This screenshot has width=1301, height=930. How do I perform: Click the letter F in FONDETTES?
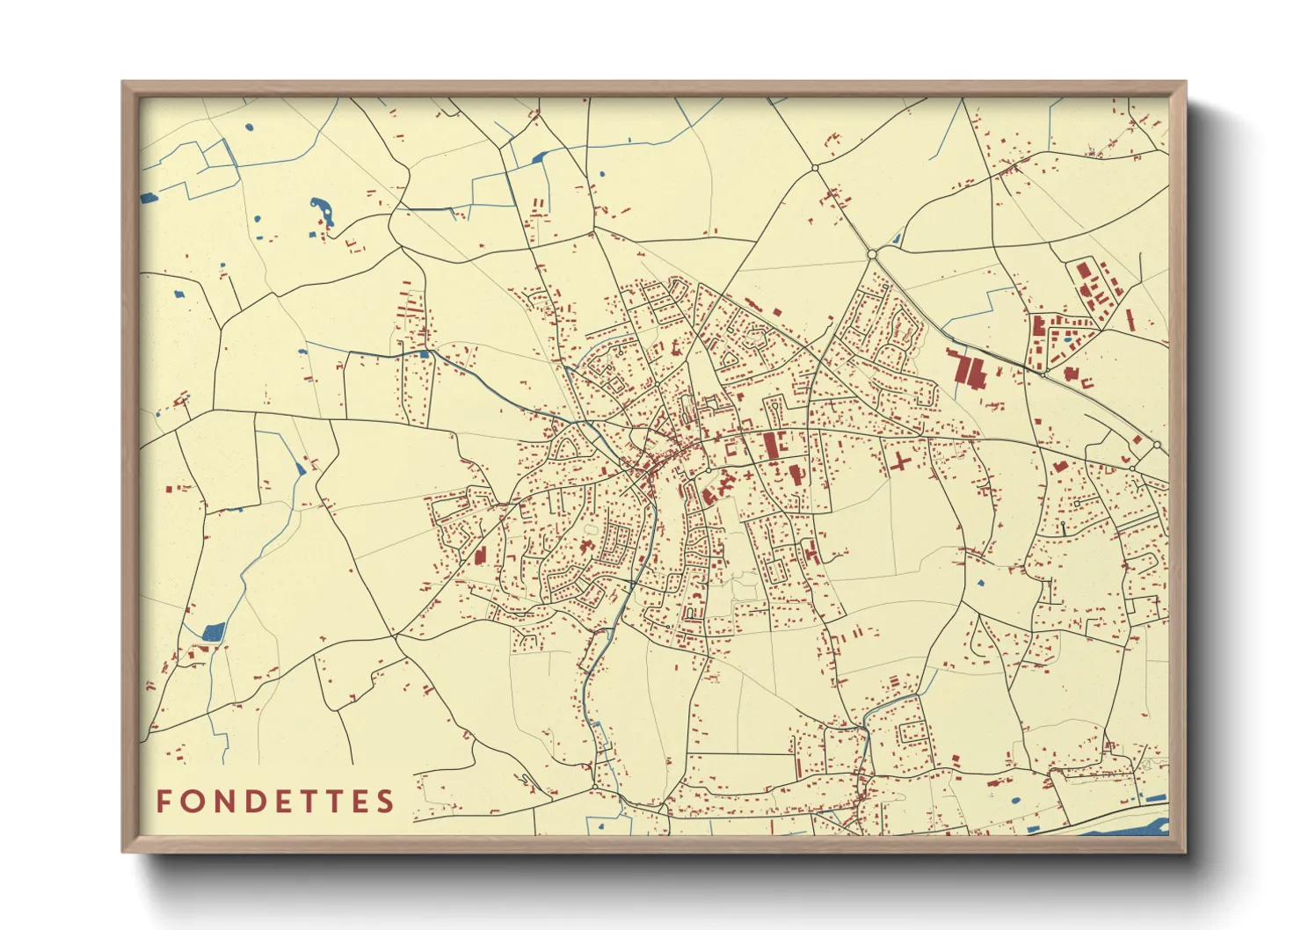coord(164,802)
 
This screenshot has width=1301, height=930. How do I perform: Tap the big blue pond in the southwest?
coord(213,631)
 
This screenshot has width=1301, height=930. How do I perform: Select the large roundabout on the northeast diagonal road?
coord(872,254)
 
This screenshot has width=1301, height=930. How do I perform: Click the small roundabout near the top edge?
coord(815,167)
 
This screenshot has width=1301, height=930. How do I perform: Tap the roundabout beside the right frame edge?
coord(1157,446)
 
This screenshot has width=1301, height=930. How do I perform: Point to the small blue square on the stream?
coord(424,354)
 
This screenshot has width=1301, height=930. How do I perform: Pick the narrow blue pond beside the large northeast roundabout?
coord(898,237)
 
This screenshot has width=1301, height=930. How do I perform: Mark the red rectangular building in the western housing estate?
coord(480,555)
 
